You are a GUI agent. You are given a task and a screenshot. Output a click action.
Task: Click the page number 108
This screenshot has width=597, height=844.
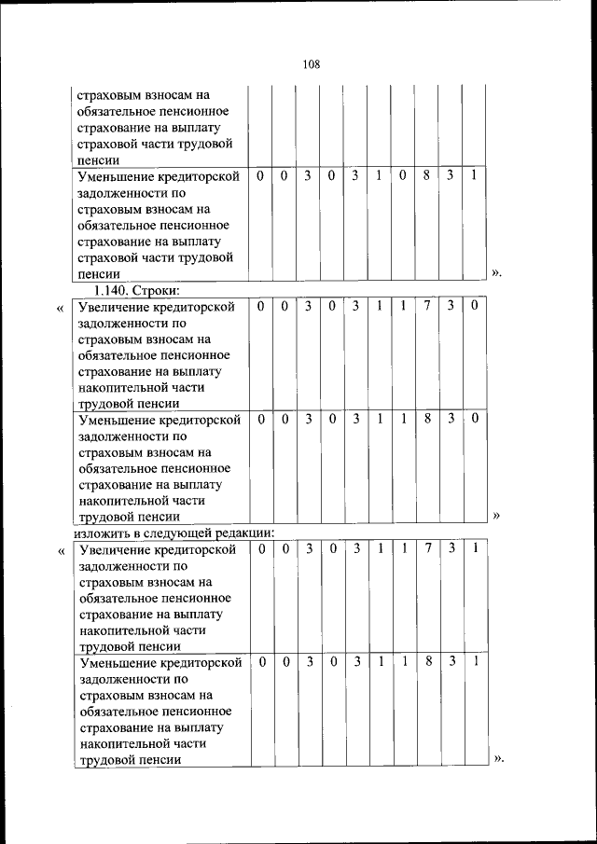[x=312, y=64]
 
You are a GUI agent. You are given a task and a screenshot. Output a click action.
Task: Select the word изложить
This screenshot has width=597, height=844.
[x=103, y=533]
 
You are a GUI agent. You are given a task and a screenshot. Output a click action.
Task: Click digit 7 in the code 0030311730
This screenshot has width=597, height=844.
[x=427, y=306]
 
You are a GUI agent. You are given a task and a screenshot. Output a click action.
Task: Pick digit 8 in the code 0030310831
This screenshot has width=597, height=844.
[x=427, y=175]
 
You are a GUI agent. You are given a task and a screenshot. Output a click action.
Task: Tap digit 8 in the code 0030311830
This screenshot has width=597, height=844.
[x=427, y=420]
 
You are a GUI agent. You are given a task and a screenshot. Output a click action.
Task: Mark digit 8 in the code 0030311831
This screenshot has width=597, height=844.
[x=427, y=662]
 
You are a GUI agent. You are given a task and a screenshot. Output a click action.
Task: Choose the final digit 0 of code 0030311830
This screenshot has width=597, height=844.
[x=475, y=420]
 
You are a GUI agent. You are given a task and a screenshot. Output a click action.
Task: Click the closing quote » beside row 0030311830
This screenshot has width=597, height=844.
[x=496, y=516]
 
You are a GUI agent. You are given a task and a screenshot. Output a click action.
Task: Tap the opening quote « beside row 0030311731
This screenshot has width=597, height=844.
[x=61, y=550]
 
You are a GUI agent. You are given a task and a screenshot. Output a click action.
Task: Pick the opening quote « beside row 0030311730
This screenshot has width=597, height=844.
[x=61, y=308]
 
